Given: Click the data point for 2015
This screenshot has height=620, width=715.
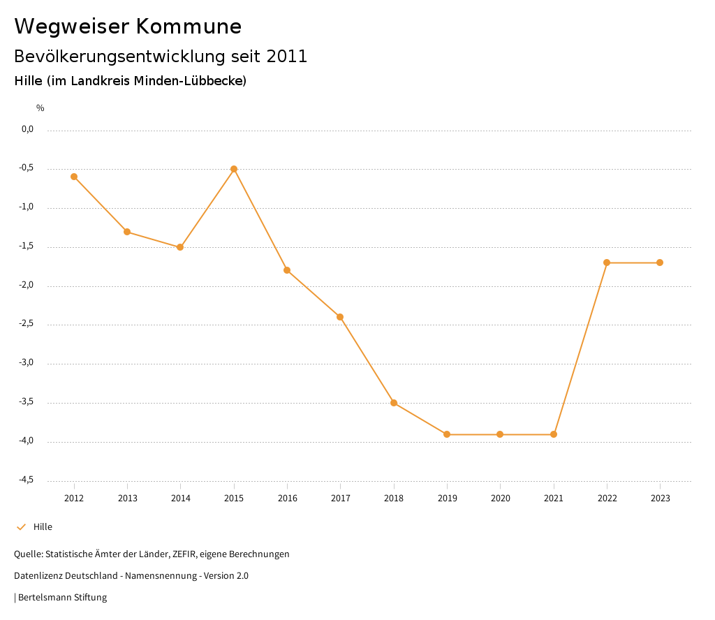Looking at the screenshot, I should point(234,169).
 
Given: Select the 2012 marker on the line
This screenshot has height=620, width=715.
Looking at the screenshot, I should point(74,177).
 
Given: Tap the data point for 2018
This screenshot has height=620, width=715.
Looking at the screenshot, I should point(394,403).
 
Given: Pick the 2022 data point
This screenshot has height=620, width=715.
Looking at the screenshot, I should point(607,263).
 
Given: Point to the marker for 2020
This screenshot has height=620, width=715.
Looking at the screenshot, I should point(500,434).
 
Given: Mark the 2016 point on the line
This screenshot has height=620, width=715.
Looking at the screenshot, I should point(287,270).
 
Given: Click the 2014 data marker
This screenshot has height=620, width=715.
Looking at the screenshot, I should point(180,247).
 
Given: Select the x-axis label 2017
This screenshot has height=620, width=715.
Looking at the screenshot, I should point(341,499).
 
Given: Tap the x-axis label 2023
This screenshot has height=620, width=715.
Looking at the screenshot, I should point(661,499).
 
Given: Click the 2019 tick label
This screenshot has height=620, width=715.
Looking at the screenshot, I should point(447,499).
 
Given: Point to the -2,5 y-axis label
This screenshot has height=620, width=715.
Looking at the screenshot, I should point(26,324).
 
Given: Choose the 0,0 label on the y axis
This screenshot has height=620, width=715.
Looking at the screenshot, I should point(27,129).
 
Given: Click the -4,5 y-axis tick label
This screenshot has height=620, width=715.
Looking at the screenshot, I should point(26,480).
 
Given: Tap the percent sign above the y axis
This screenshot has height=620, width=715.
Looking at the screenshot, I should point(40,108).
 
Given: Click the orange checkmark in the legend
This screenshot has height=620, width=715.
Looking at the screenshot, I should point(21,527).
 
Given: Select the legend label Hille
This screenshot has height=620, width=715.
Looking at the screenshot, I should point(43,527).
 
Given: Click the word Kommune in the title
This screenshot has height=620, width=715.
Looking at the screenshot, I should point(189,27).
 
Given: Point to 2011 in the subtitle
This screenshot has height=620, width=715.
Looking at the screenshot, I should point(287,57).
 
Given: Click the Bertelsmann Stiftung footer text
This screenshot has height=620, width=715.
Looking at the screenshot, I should point(62,598).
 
